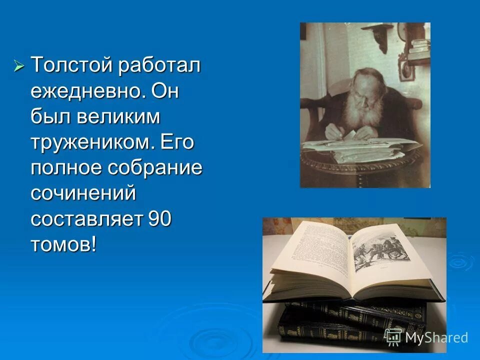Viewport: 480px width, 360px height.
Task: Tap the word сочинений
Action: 83,193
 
